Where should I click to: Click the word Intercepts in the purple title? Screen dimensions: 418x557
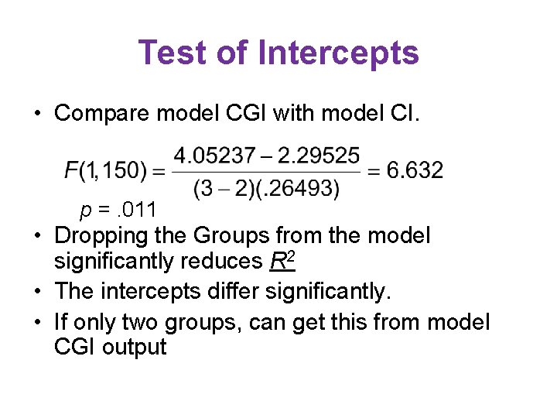tap(338, 53)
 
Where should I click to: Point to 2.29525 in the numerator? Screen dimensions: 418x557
tap(319, 156)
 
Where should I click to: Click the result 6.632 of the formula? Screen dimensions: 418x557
tap(415, 170)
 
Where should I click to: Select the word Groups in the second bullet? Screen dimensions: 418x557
tap(251, 235)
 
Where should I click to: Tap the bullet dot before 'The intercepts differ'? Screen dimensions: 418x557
tap(37, 293)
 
